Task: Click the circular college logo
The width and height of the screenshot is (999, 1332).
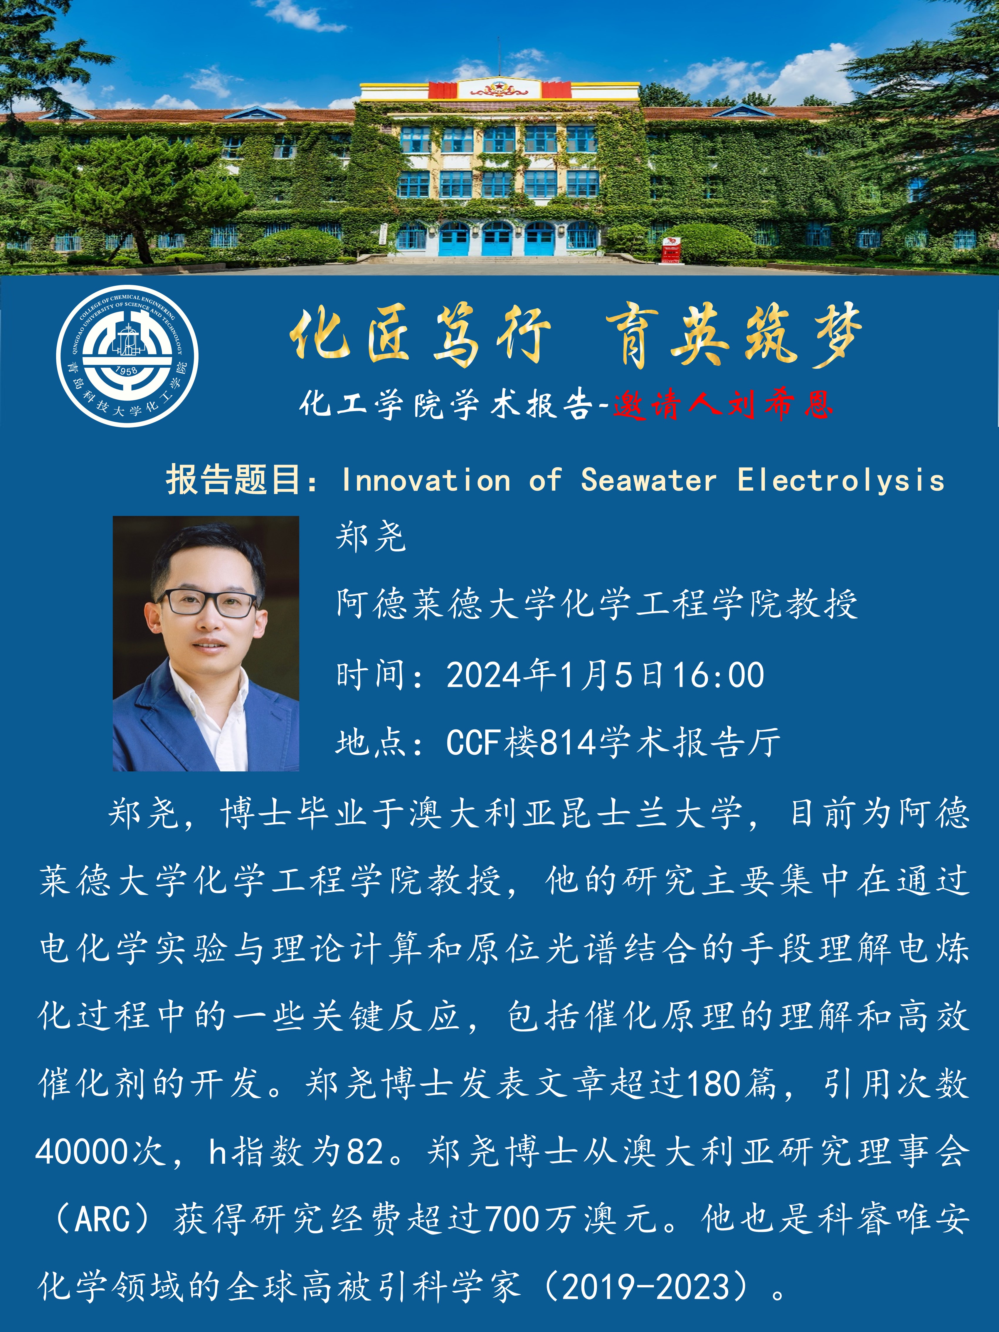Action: pos(127,356)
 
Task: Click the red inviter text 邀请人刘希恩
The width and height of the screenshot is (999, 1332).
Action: pos(723,404)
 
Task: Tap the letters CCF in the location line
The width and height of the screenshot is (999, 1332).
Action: pos(475,742)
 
